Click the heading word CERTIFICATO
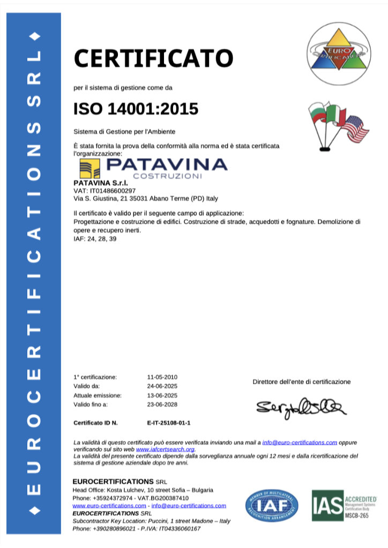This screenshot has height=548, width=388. [153, 58]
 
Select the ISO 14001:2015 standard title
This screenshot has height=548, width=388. [136, 109]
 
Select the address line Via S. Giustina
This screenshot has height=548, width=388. [145, 198]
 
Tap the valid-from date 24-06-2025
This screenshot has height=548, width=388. [162, 386]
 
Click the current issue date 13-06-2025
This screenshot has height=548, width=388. [162, 395]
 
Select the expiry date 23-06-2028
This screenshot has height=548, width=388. [162, 404]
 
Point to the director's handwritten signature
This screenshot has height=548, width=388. [301, 407]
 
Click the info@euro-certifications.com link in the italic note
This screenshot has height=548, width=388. [299, 443]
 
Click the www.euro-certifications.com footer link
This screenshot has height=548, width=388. [109, 505]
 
